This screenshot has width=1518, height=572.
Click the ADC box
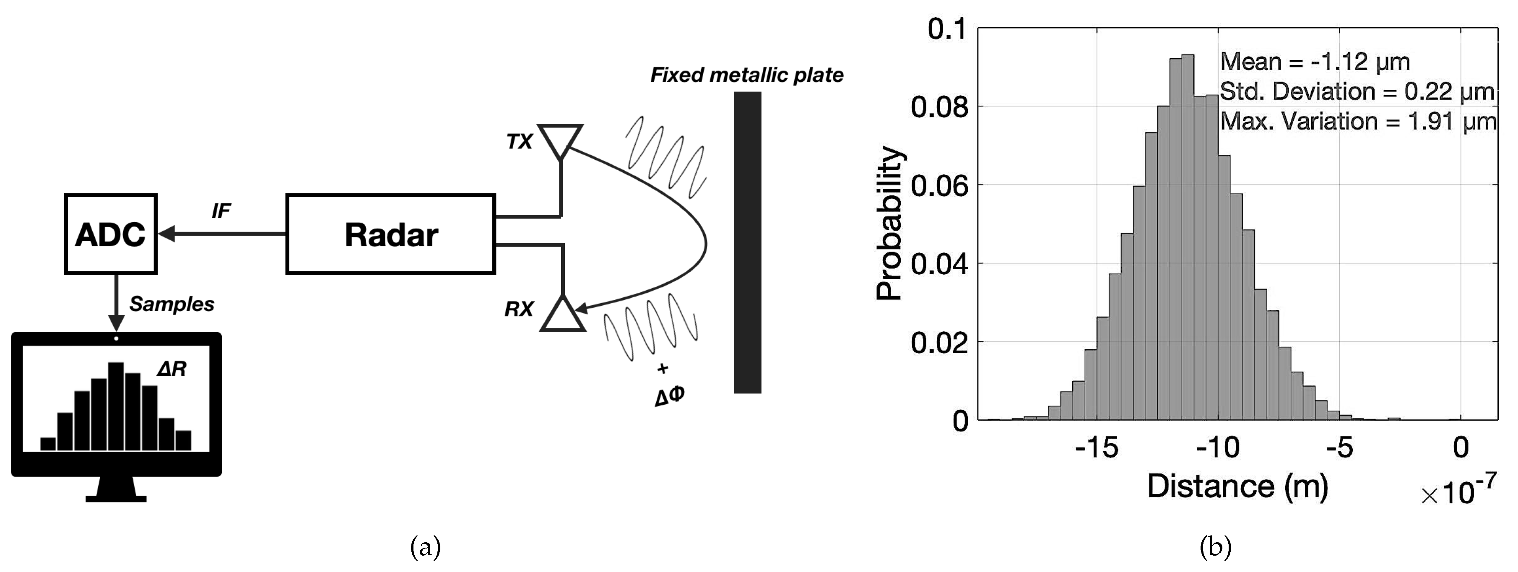tap(110, 234)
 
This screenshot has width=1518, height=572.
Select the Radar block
tap(390, 234)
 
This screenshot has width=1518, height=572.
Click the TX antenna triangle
tap(560, 138)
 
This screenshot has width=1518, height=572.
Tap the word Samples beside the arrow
tap(172, 304)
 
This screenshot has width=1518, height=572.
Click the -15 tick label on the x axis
tap(1096, 448)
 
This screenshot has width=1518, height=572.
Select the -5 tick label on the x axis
tap(1339, 448)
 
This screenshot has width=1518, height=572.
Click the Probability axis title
tap(889, 224)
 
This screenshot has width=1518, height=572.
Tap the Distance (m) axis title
tap(1237, 486)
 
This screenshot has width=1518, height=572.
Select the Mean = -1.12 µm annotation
tap(1314, 62)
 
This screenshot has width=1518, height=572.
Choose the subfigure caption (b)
tap(1215, 547)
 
